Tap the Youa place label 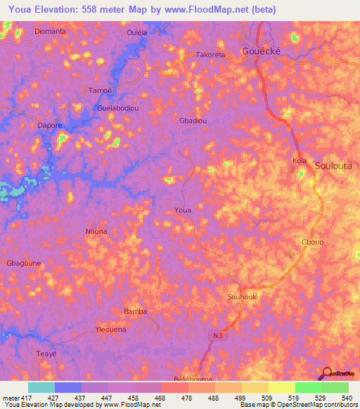pos(183,210)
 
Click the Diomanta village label pos(50,32)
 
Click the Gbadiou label pos(193,120)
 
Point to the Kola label pos(300,162)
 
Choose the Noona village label pos(96,231)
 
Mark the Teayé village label pos(46,354)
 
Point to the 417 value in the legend pos(27,398)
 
